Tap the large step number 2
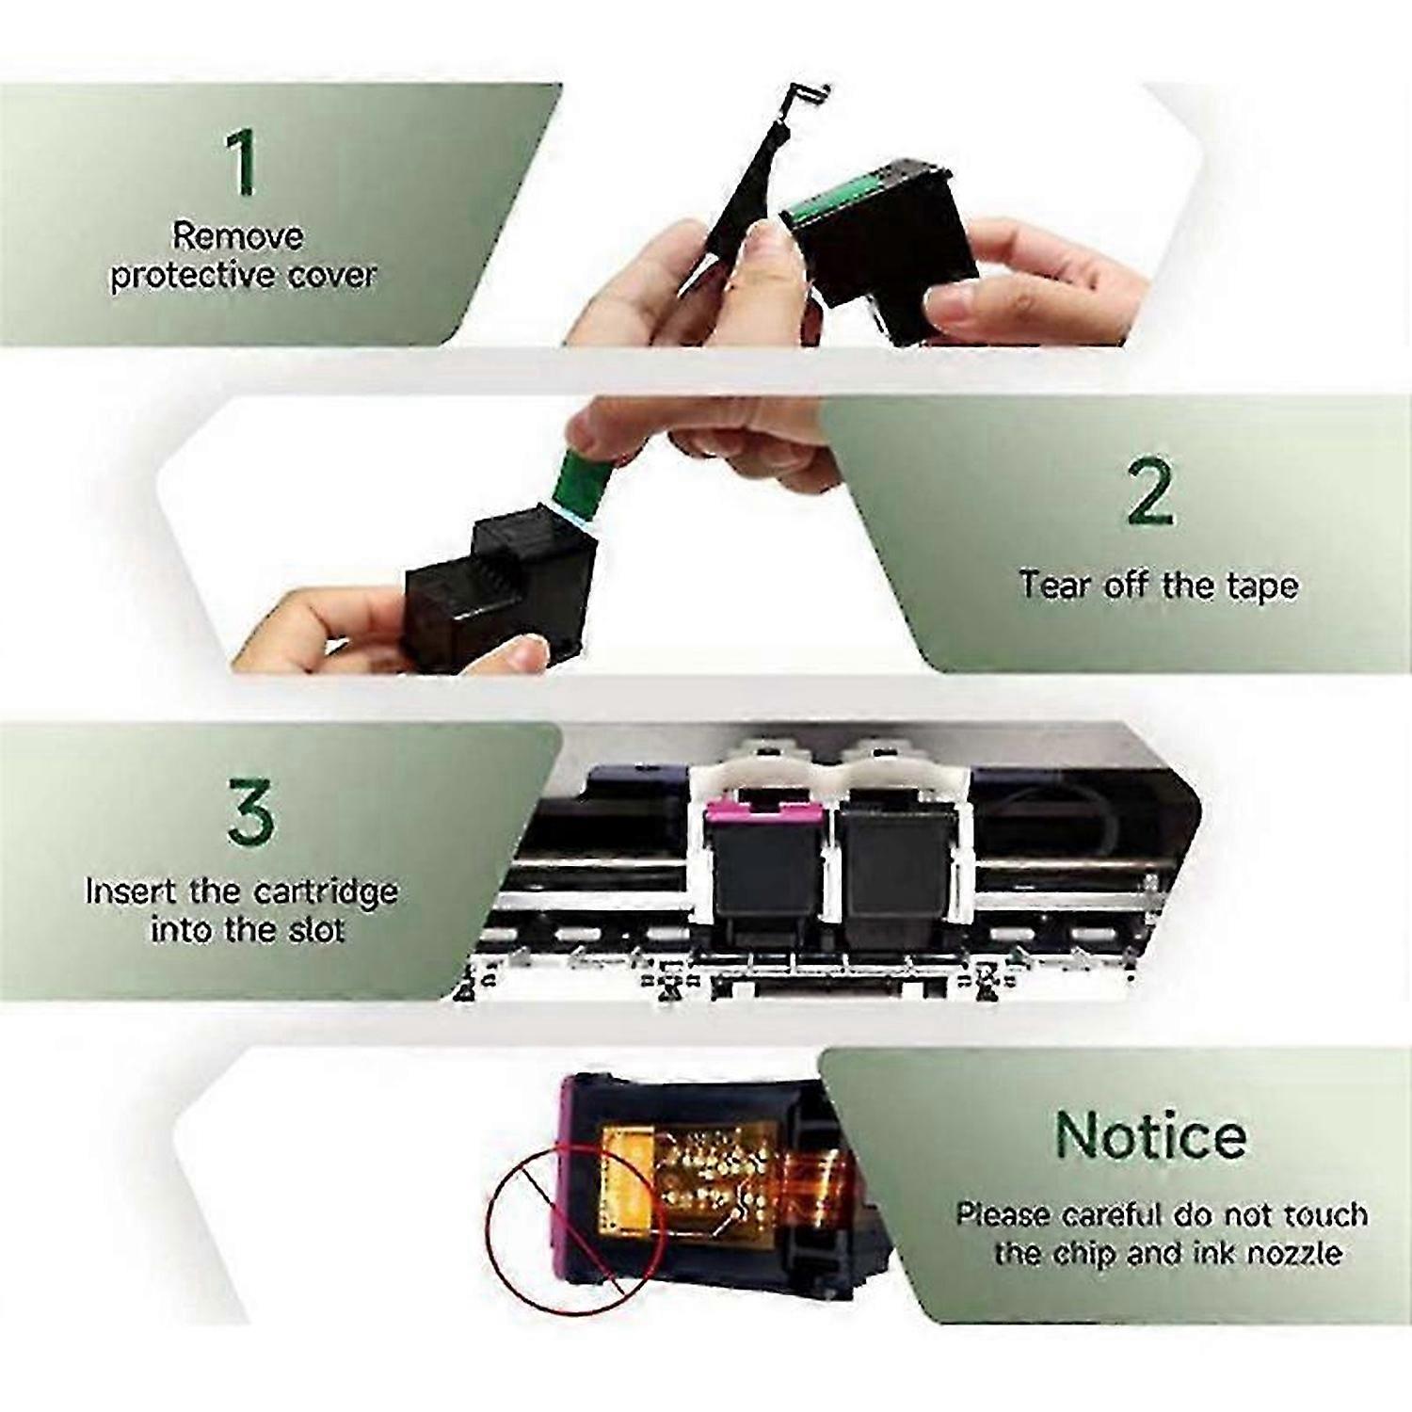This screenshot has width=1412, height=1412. coord(1150,491)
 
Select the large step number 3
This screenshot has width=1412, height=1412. coord(250,810)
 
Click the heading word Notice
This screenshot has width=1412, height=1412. coord(1150,1135)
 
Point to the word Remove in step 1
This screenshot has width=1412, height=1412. coord(237,235)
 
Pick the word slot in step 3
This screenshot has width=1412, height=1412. coord(317,930)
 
